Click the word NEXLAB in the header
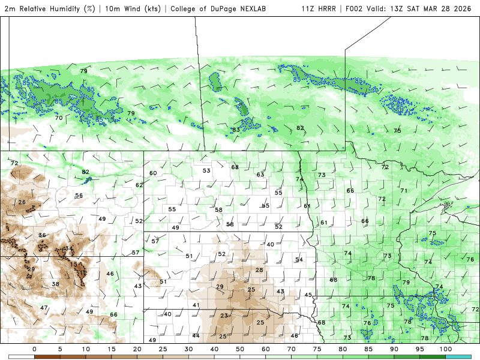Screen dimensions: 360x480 (x=265, y=8)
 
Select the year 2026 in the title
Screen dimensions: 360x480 (x=462, y=8)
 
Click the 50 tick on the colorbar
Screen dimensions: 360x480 (x=240, y=349)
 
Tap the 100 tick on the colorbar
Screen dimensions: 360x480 (x=445, y=349)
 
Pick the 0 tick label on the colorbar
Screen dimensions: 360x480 (x=34, y=349)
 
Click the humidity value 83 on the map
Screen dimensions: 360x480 (x=236, y=130)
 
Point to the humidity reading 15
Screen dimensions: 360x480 (x=73, y=264)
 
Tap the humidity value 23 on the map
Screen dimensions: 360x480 (x=224, y=316)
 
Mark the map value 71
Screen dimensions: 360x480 (x=404, y=190)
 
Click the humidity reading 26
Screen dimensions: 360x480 (x=22, y=202)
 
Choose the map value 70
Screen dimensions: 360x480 (x=59, y=118)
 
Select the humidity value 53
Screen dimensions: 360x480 (x=206, y=170)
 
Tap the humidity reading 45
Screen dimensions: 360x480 (x=308, y=295)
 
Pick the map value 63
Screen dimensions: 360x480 (x=260, y=175)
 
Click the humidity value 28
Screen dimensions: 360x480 (x=259, y=270)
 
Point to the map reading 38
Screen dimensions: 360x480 (x=55, y=284)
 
